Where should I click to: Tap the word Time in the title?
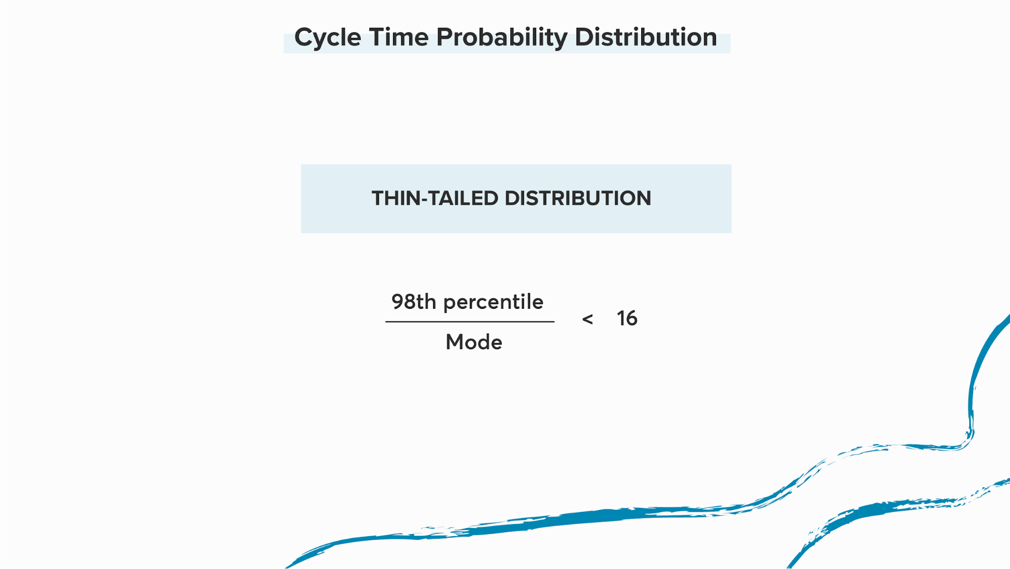pos(399,37)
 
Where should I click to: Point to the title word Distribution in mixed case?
pos(646,37)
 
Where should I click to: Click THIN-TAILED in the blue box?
pos(435,198)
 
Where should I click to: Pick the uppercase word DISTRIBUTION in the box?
pos(578,198)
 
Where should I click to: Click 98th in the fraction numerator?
pos(414,302)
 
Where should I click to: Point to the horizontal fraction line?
pos(470,321)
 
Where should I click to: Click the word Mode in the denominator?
pos(474,342)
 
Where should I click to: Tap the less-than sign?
pos(588,319)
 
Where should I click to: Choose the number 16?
pos(627,318)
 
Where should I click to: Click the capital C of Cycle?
pos(304,37)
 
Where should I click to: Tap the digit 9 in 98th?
pos(397,302)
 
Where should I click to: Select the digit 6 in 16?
pos(632,318)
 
